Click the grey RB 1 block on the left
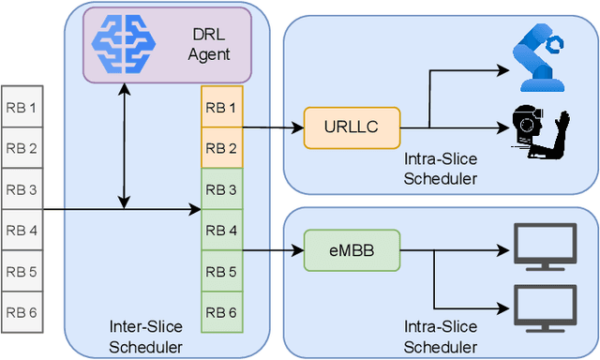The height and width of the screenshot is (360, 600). (21, 108)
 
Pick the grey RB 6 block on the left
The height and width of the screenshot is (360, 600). (21, 312)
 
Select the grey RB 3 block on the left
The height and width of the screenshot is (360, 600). (21, 189)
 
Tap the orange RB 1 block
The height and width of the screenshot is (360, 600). (221, 107)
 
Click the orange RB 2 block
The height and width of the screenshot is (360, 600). (221, 148)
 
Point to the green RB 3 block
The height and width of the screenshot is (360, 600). (221, 189)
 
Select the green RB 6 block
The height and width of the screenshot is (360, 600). (221, 312)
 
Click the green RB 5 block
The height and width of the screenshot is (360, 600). (221, 271)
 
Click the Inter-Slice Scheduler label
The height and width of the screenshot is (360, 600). (145, 335)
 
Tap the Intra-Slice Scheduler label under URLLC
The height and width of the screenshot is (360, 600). (441, 169)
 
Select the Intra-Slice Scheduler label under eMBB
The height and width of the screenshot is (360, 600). (441, 335)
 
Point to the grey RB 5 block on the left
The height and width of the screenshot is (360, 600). (21, 271)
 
